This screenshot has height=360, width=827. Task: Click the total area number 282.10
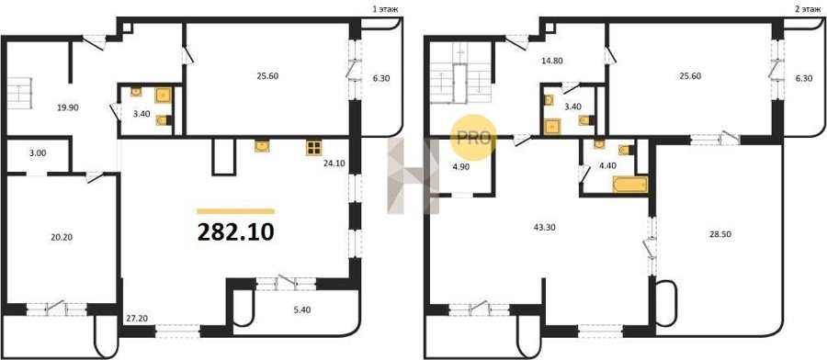(236, 231)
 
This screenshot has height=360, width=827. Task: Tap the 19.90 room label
(68, 107)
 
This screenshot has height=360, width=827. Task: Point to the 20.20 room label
(62, 237)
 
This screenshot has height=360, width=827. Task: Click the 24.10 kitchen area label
(334, 163)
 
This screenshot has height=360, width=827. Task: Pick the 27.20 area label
(136, 319)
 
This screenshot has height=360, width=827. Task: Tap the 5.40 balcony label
(302, 309)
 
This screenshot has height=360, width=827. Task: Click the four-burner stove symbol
(314, 148)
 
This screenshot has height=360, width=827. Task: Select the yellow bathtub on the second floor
(629, 185)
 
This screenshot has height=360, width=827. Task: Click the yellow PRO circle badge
(473, 138)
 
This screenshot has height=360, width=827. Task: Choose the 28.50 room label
(720, 233)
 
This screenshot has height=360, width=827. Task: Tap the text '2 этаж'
(810, 9)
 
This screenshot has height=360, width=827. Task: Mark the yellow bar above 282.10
(236, 211)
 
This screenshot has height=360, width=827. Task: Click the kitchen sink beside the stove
(262, 146)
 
